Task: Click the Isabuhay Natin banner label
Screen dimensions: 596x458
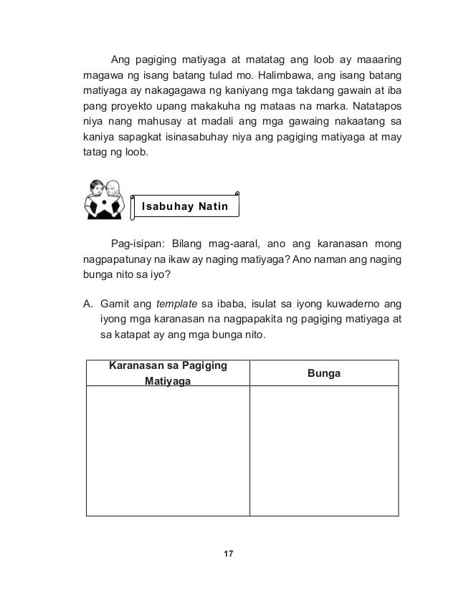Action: (x=185, y=208)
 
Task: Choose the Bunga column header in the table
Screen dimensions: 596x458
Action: (x=323, y=373)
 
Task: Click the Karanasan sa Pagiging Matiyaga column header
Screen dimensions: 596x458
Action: (x=168, y=373)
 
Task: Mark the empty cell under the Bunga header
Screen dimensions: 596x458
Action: (x=323, y=451)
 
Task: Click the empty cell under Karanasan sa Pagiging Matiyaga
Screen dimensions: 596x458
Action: (x=168, y=451)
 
